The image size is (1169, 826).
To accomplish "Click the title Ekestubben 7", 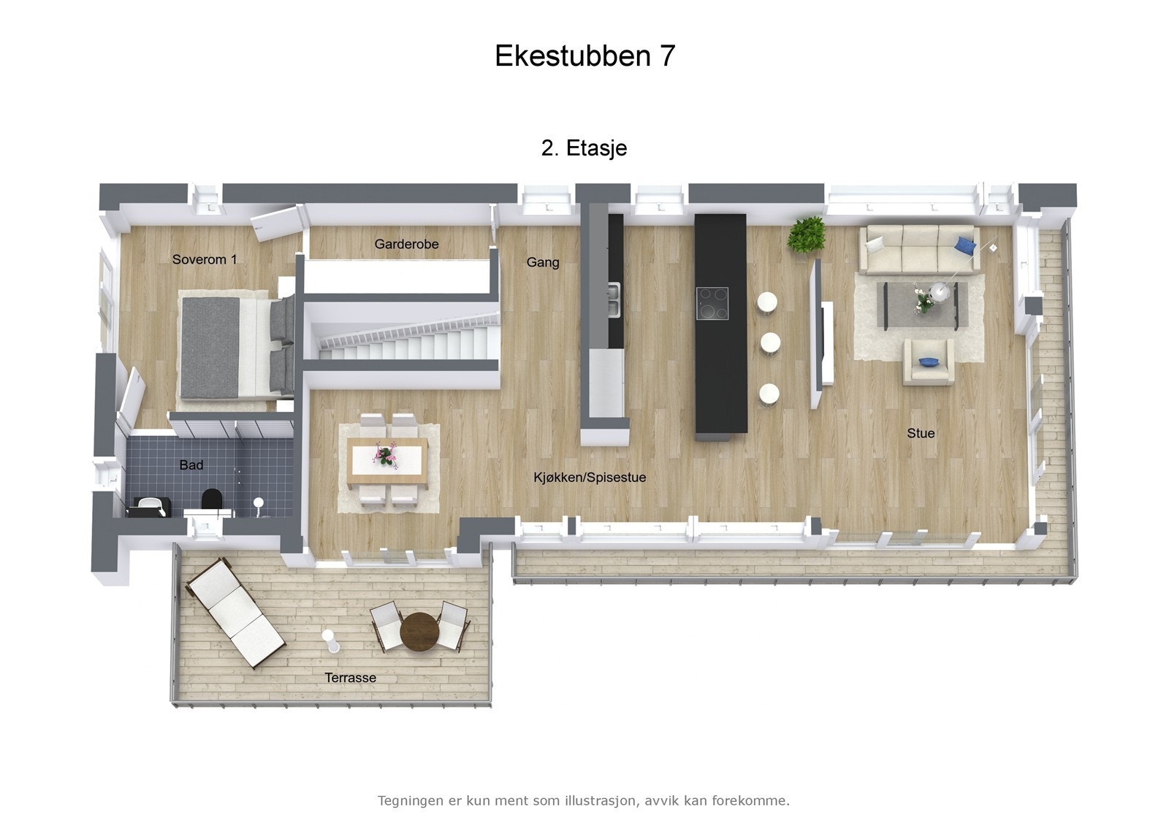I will click(x=584, y=56).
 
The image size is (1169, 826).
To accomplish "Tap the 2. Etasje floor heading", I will click(x=584, y=148).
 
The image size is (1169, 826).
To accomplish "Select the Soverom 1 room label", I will click(x=205, y=259).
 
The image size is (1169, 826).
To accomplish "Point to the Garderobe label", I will click(x=406, y=244).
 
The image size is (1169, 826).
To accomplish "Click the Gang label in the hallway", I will click(x=543, y=262).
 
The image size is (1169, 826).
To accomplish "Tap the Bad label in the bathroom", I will click(x=191, y=465).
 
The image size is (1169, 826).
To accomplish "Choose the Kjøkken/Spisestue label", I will click(x=590, y=478).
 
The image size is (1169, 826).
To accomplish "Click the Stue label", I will click(x=921, y=433).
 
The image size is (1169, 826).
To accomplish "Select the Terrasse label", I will click(x=351, y=678).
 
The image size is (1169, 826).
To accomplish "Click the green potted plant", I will click(x=807, y=234).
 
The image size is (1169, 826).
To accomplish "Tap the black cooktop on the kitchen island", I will click(x=712, y=304).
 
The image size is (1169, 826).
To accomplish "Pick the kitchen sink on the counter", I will click(x=614, y=300).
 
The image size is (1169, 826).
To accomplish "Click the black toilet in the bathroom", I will click(x=211, y=500).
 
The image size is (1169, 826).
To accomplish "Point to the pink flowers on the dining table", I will click(x=385, y=456).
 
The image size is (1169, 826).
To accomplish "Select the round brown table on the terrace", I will click(x=419, y=630).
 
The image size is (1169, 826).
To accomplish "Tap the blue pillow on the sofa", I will click(x=964, y=243).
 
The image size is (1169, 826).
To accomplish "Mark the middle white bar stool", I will click(x=770, y=343).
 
